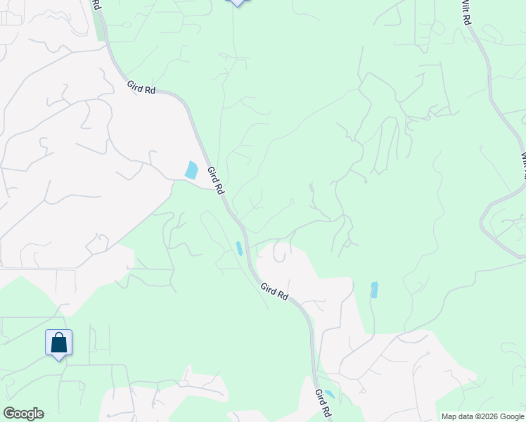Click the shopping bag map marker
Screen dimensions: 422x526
pos(59,343)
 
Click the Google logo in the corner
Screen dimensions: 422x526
pos(23,414)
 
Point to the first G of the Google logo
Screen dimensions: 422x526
pos(9,414)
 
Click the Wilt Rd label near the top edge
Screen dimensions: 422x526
pos(465,13)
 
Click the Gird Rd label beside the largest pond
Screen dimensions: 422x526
pos(216,181)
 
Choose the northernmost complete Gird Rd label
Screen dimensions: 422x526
pos(141,88)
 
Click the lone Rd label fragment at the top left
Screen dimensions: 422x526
pos(96,5)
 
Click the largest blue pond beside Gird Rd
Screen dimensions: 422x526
pos(191,170)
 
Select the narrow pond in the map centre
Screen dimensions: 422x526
pos(240,248)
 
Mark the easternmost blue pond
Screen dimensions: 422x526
pos(374,290)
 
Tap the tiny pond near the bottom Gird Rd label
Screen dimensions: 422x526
pos(329,394)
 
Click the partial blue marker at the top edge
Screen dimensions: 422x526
pos(237,3)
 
